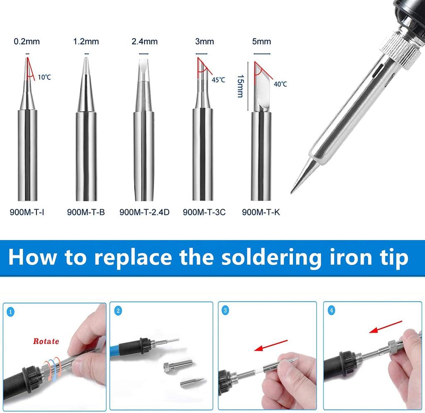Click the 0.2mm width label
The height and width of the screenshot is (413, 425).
pos(27,41)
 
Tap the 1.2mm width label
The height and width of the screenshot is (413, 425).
pos(86,41)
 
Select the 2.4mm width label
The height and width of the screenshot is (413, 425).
pos(144,41)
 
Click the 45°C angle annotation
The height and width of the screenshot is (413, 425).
pos(218,80)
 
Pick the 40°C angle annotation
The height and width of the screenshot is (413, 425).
pos(280,84)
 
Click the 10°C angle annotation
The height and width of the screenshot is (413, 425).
pos(44,77)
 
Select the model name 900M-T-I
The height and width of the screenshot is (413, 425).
pos(27,212)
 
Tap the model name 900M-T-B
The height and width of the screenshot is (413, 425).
pos(86,212)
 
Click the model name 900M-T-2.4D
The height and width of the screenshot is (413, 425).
pos(144,212)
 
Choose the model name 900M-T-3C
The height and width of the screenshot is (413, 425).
pos(204,212)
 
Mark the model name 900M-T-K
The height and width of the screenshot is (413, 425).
pos(261,212)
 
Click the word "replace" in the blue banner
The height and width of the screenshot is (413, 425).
pos(132,258)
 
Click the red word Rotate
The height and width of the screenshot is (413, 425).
pos(46,342)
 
